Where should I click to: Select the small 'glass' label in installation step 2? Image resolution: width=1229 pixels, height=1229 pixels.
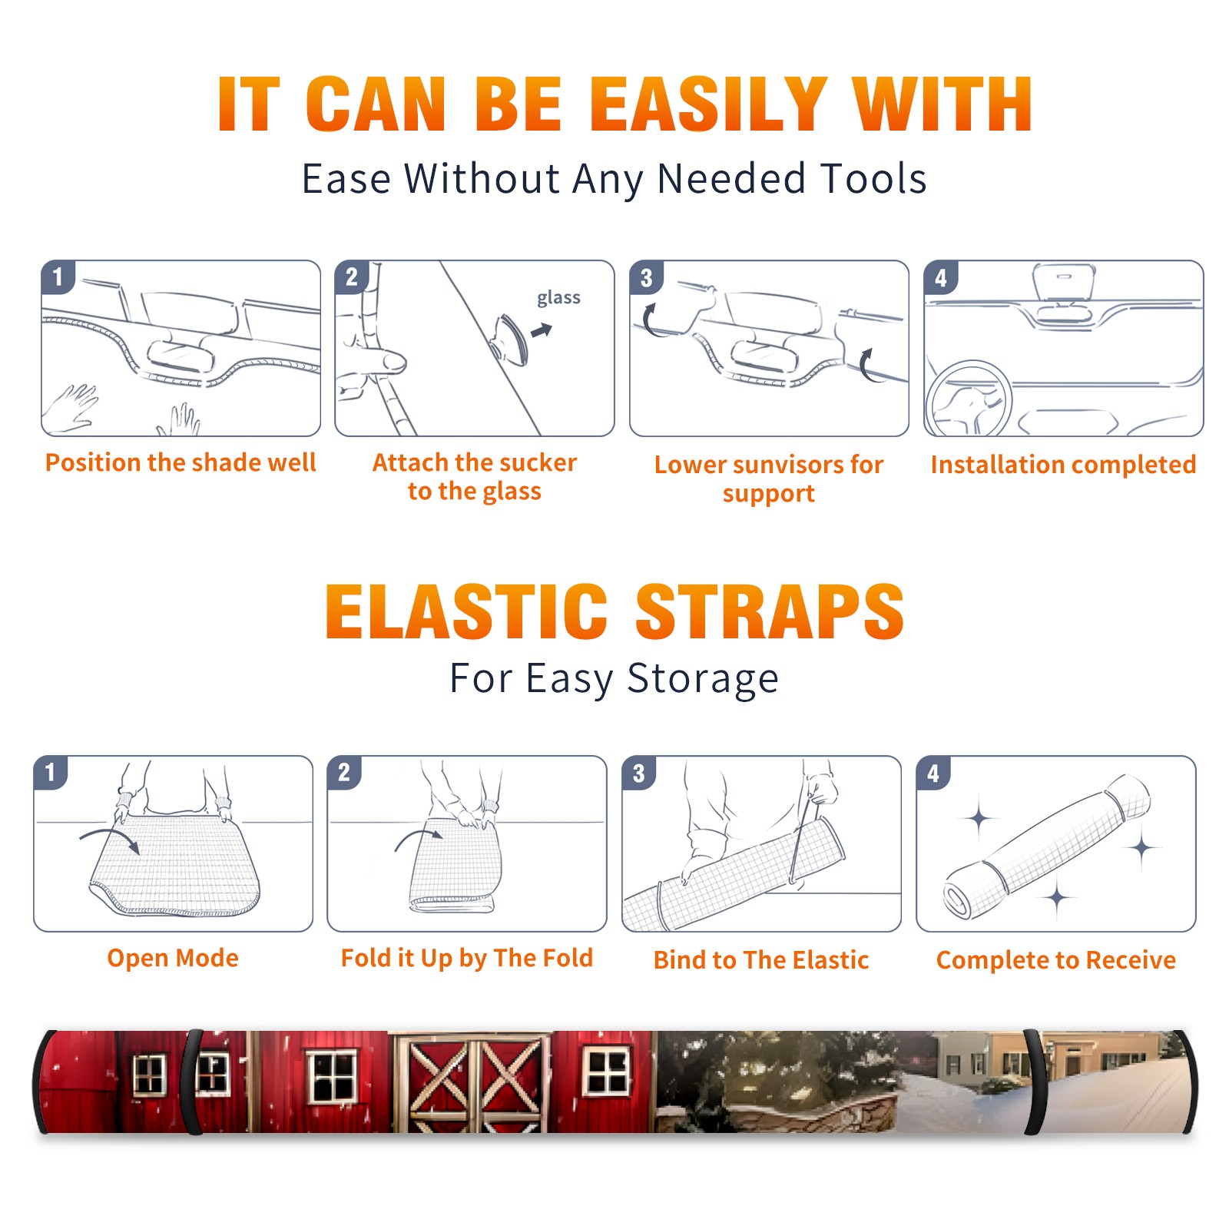pos(558,298)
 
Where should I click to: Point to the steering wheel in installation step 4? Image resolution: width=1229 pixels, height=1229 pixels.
pos(969,399)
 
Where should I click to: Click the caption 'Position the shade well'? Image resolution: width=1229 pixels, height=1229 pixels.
pos(181,462)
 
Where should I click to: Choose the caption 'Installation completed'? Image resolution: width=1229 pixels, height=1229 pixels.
pos(1063,465)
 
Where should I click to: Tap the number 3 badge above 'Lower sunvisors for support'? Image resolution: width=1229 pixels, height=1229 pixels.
pos(646,277)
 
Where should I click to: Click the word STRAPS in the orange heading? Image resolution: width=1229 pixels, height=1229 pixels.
pos(770,611)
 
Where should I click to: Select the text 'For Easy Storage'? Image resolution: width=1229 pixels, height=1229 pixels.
pos(614,679)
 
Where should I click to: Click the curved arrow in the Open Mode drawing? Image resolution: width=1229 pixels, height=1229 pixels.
pos(110,839)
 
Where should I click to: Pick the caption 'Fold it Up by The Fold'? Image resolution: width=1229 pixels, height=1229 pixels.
pos(467,959)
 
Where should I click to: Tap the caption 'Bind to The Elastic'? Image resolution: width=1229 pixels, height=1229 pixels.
pos(761,960)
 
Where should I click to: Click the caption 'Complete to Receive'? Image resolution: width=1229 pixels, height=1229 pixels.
pos(1056,960)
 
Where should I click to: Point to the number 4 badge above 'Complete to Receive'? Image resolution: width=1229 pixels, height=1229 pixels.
pos(933,773)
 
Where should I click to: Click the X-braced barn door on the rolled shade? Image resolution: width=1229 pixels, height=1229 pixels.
pos(472,1082)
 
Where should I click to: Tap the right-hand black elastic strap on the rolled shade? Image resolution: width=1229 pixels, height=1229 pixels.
pos(1034,1082)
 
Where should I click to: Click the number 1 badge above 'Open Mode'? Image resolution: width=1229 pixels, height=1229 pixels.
pos(51,773)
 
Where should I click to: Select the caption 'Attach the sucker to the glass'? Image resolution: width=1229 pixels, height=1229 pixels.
pos(475,476)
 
